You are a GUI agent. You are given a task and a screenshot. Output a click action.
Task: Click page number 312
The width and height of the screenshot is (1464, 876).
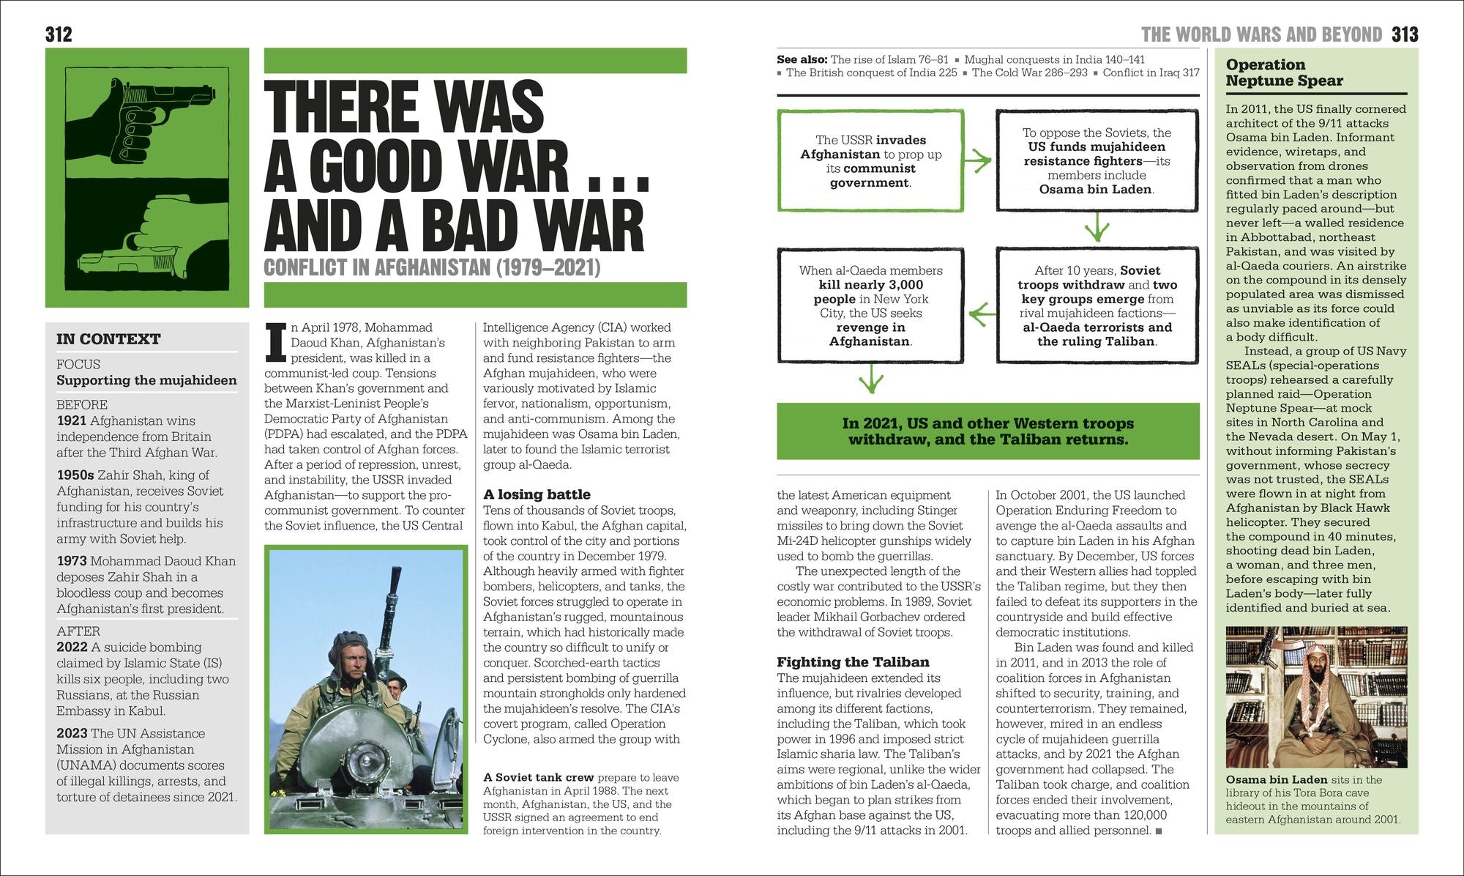(x=59, y=34)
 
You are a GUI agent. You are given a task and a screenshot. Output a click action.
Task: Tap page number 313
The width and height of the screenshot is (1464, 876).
(x=1405, y=34)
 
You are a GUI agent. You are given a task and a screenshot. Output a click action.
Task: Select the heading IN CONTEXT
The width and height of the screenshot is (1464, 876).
(x=108, y=339)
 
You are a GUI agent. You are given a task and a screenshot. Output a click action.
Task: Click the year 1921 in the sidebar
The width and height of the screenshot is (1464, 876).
(x=72, y=421)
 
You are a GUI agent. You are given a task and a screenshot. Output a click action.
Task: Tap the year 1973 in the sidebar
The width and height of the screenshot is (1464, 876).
(x=72, y=561)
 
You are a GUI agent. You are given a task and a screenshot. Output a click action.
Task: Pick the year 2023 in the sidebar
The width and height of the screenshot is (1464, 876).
(x=72, y=734)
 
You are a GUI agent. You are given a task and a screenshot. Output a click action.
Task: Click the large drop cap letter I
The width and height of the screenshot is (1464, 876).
(x=275, y=343)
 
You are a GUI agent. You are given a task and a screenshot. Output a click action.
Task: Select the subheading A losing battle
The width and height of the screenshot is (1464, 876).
(x=537, y=494)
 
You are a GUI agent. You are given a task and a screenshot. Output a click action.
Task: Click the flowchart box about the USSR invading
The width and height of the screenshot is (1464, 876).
(x=870, y=161)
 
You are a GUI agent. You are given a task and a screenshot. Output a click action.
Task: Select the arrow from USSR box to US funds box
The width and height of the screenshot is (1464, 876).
(x=979, y=160)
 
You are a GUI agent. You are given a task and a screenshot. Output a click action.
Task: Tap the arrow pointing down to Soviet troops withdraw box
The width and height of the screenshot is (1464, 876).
(x=1097, y=227)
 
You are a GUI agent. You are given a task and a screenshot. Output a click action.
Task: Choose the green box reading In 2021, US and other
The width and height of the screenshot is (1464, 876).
(x=988, y=431)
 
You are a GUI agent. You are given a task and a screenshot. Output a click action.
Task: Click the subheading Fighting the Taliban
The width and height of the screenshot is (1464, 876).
(x=853, y=662)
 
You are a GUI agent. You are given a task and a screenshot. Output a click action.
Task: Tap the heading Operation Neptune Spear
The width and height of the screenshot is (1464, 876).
(x=1285, y=73)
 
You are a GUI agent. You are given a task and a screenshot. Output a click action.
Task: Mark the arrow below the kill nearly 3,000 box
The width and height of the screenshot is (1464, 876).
(x=870, y=379)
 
